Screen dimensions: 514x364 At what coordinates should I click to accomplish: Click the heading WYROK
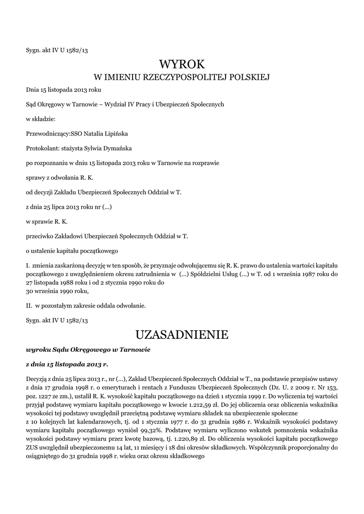(x=182, y=64)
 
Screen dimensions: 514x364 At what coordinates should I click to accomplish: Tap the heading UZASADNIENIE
(x=182, y=334)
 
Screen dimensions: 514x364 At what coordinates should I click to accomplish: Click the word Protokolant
(x=42, y=149)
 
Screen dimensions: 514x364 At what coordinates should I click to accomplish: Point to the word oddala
(x=93, y=305)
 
